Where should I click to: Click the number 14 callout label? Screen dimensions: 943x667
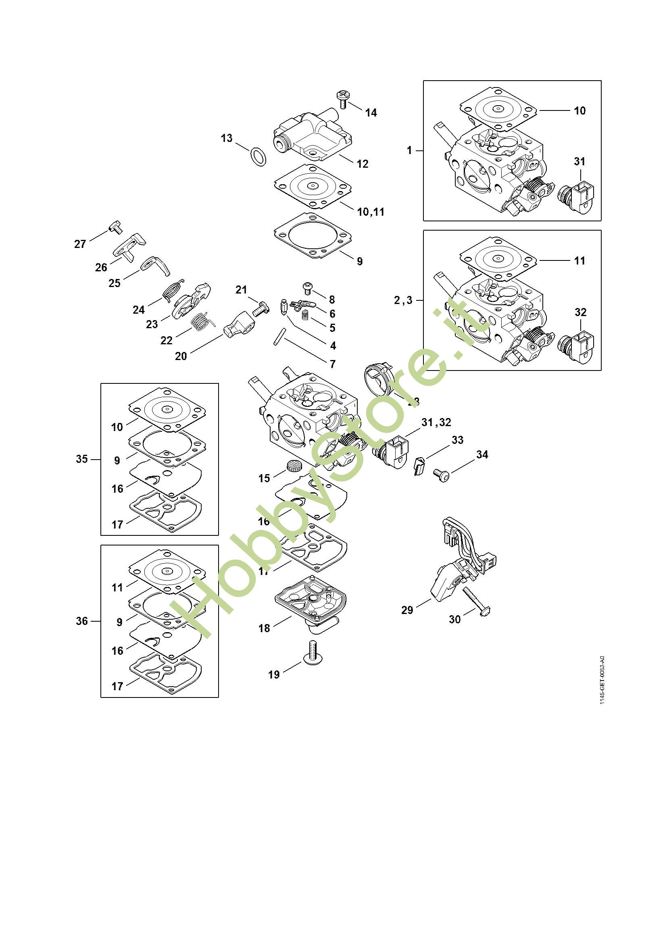[371, 112]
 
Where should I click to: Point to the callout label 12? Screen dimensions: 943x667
[362, 164]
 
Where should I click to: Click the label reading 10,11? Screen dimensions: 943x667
[371, 212]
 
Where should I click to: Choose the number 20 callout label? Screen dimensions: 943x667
[181, 356]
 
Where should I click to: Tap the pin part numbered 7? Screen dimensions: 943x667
[277, 336]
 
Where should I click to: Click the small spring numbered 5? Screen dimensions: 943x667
[305, 316]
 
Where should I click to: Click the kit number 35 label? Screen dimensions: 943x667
[82, 459]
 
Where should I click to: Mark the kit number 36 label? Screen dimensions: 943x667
[82, 621]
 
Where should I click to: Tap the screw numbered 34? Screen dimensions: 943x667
[442, 476]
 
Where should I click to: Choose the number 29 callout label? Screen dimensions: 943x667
[407, 610]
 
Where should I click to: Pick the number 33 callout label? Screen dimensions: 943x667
[458, 440]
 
